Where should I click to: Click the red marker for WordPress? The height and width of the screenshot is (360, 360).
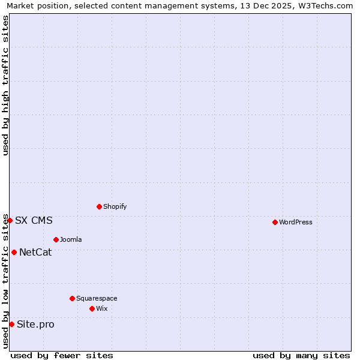pyautogui.click(x=275, y=222)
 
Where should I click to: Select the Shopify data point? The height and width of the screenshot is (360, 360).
pyautogui.click(x=99, y=206)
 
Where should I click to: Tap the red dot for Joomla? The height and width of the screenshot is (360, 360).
pyautogui.click(x=56, y=239)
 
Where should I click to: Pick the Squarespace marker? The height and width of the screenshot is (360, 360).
pyautogui.click(x=72, y=298)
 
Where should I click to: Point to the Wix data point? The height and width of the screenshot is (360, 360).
pyautogui.click(x=92, y=308)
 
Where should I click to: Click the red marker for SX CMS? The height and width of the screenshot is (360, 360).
pyautogui.click(x=10, y=220)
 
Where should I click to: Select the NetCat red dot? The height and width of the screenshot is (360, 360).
pyautogui.click(x=14, y=252)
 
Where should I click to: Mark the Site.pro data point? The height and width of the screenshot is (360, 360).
pyautogui.click(x=11, y=324)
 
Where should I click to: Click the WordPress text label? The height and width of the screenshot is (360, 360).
pyautogui.click(x=296, y=222)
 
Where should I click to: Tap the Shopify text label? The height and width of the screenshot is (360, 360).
pyautogui.click(x=115, y=206)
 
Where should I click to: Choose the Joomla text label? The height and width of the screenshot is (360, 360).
pyautogui.click(x=71, y=239)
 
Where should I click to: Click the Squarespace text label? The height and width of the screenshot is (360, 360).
pyautogui.click(x=97, y=298)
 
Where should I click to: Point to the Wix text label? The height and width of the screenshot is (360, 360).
pyautogui.click(x=102, y=308)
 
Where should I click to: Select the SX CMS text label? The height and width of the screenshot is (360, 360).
pyautogui.click(x=34, y=220)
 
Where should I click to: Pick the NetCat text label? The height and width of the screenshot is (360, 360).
pyautogui.click(x=35, y=252)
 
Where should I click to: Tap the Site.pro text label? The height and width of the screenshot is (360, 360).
pyautogui.click(x=35, y=324)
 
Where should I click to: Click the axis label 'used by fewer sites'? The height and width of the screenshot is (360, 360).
pyautogui.click(x=62, y=355)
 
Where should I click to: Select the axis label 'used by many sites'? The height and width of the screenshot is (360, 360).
pyautogui.click(x=301, y=355)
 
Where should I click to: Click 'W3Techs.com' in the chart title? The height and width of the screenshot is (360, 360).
pyautogui.click(x=325, y=5)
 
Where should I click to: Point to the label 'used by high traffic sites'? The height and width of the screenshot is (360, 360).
pyautogui.click(x=5, y=85)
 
